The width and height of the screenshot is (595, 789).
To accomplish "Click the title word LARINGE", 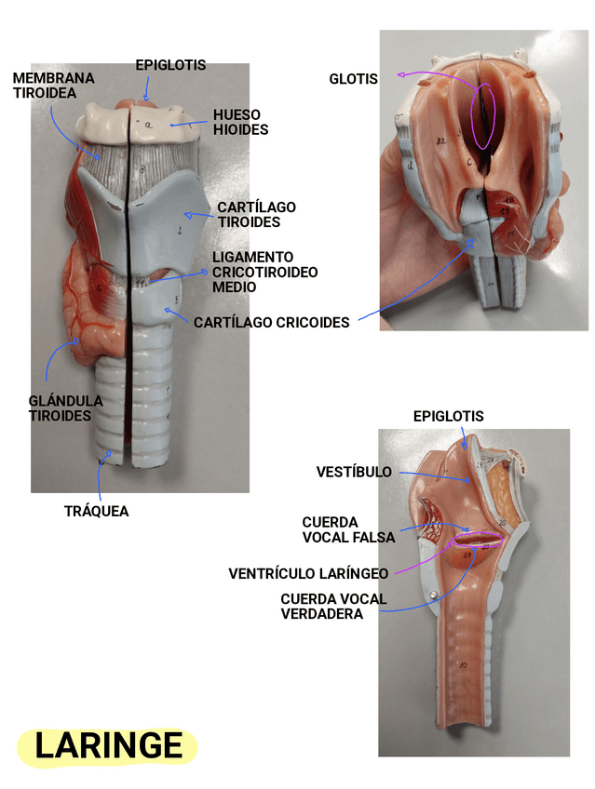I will [x=108, y=745].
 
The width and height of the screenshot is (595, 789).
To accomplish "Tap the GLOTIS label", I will [x=354, y=79].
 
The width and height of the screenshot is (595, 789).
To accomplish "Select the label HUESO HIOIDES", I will [x=240, y=122].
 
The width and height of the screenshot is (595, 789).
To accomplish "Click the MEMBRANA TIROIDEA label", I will [x=53, y=86].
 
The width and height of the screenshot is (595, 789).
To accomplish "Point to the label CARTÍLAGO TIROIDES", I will [x=256, y=214].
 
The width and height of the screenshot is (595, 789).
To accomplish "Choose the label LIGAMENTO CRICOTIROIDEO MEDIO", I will [x=264, y=272].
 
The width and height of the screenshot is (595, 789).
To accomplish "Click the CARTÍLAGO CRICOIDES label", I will [x=271, y=323].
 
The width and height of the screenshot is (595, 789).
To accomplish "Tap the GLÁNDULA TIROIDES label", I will [x=65, y=408].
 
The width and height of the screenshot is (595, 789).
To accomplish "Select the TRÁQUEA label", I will [x=96, y=511].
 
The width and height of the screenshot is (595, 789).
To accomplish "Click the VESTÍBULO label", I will [x=354, y=473].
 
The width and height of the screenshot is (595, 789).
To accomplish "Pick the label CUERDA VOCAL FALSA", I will [x=348, y=530].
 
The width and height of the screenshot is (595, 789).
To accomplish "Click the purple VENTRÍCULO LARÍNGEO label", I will [x=308, y=573].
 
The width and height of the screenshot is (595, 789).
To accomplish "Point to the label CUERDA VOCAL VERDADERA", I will [x=332, y=606].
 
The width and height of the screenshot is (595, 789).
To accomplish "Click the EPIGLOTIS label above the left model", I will [x=170, y=65].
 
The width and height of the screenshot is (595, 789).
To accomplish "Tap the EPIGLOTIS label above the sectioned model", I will [x=449, y=416].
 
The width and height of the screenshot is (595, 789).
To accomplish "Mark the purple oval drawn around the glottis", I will [x=484, y=114].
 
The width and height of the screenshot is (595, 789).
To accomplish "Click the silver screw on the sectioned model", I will [x=433, y=594].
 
